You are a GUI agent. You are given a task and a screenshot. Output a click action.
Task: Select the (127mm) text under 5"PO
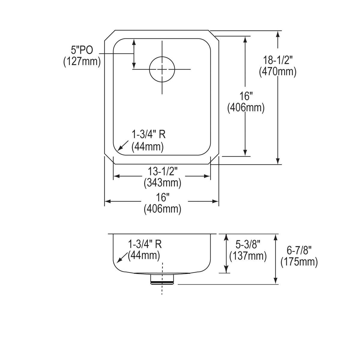tap(82, 61)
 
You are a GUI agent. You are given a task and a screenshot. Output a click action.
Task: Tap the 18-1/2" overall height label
tap(277, 60)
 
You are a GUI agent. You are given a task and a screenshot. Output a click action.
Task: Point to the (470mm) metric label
tap(277, 72)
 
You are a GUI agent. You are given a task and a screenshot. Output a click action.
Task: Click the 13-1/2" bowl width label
tap(163, 171)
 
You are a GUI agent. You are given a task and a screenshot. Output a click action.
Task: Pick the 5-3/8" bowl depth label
tap(247, 245)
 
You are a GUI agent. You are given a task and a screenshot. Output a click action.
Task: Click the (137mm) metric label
tap(248, 256)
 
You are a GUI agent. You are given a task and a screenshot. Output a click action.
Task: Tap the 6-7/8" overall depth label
tap(299, 250)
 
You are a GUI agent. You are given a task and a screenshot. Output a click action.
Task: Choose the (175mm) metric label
tap(299, 262)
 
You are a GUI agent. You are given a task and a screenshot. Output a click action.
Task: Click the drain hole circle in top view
tap(162, 69)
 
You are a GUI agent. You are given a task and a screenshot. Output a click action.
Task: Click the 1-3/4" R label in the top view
tap(149, 135)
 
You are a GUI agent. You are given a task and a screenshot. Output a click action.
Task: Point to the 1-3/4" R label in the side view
tap(145, 244)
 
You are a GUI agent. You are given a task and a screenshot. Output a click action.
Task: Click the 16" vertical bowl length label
tap(246, 96)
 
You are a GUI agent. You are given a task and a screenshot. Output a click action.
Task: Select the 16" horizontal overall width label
tap(163, 197)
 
